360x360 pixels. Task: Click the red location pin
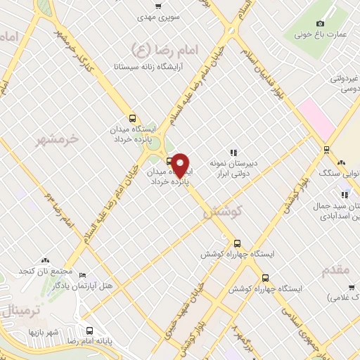pos(181,165)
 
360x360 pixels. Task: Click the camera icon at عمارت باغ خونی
pos(321,24)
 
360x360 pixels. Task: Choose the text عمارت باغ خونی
pos(321,34)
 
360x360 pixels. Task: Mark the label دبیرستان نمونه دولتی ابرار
pos(231,168)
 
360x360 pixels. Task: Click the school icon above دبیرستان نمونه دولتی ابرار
pos(233,153)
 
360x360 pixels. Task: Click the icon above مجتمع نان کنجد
pos(46,262)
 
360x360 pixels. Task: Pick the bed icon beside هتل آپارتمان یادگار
pos(83,276)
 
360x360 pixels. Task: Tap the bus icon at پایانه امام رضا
pos(89,330)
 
